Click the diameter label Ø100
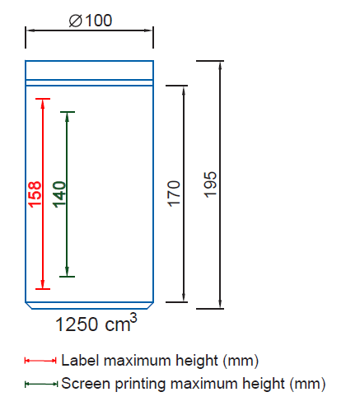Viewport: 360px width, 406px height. click(91, 20)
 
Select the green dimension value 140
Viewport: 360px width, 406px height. click(60, 194)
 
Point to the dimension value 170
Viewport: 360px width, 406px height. click(174, 194)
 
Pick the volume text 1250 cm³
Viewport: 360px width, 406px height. click(95, 324)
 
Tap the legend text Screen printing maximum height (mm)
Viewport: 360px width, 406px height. click(194, 383)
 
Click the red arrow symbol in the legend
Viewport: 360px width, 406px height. click(40, 361)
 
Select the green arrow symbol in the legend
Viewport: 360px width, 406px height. click(40, 384)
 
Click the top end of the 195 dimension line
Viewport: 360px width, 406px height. click(221, 62)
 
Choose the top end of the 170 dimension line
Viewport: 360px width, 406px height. click(183, 86)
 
